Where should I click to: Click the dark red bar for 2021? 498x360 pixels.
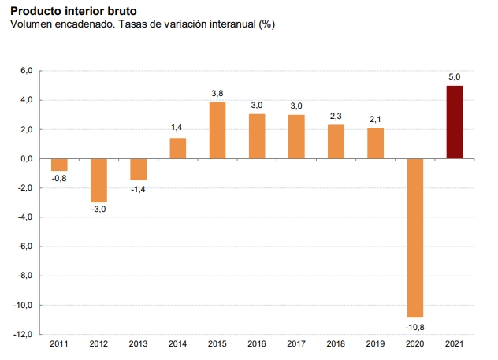pos(455,122)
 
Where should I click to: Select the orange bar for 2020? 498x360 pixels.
pos(415,237)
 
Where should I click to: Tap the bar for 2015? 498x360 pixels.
pos(217,131)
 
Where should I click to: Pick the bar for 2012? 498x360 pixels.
pos(98,180)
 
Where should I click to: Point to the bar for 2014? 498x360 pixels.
pos(178,148)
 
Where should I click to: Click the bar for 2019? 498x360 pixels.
pos(376,143)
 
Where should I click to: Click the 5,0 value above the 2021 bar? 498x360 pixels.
pos(455,76)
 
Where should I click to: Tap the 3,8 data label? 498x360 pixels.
pos(217,94)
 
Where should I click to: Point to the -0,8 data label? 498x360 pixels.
pos(59,179)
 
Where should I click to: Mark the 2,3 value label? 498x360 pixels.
pos(336,116)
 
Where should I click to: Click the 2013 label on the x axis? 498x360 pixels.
pos(138,344)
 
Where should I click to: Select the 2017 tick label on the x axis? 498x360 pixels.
pos(296,344)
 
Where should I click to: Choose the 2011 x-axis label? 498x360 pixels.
pos(59,344)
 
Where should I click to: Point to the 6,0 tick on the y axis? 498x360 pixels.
pos(26,71)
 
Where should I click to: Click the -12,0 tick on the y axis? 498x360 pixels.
pos(23,335)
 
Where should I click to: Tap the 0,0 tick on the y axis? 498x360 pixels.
pos(26,158)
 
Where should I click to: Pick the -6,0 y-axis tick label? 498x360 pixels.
pos(24,247)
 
